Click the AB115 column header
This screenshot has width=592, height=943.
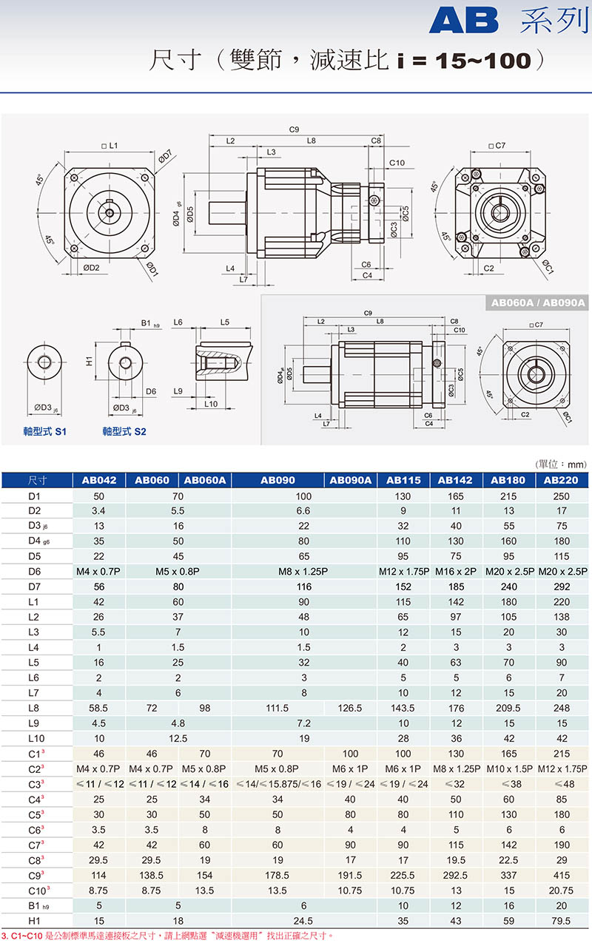tap(403, 480)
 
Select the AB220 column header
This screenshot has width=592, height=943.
tap(561, 480)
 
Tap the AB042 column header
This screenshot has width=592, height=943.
tap(99, 480)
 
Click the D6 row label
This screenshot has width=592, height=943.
tap(35, 571)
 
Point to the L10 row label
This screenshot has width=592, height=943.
tap(36, 738)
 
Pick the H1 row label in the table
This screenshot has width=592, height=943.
tap(34, 921)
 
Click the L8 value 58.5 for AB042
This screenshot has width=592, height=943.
tap(98, 708)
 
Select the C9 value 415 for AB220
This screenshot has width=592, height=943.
tap(562, 875)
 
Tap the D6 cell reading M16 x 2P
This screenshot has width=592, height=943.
tap(456, 571)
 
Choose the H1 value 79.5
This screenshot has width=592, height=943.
tap(561, 921)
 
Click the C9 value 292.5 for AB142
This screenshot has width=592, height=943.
tap(456, 875)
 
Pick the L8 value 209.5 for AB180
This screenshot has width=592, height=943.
tap(508, 708)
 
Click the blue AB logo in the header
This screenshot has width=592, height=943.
tap(464, 21)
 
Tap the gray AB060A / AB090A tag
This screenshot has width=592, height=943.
tap(538, 302)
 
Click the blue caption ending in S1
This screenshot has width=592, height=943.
tap(44, 431)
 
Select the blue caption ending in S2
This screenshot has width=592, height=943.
tap(124, 431)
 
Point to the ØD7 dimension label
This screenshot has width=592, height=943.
tap(165, 156)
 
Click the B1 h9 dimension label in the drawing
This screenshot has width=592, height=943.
tap(150, 323)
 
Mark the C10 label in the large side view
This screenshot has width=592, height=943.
tap(397, 163)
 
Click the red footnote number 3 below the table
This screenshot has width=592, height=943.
tap(4, 936)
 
